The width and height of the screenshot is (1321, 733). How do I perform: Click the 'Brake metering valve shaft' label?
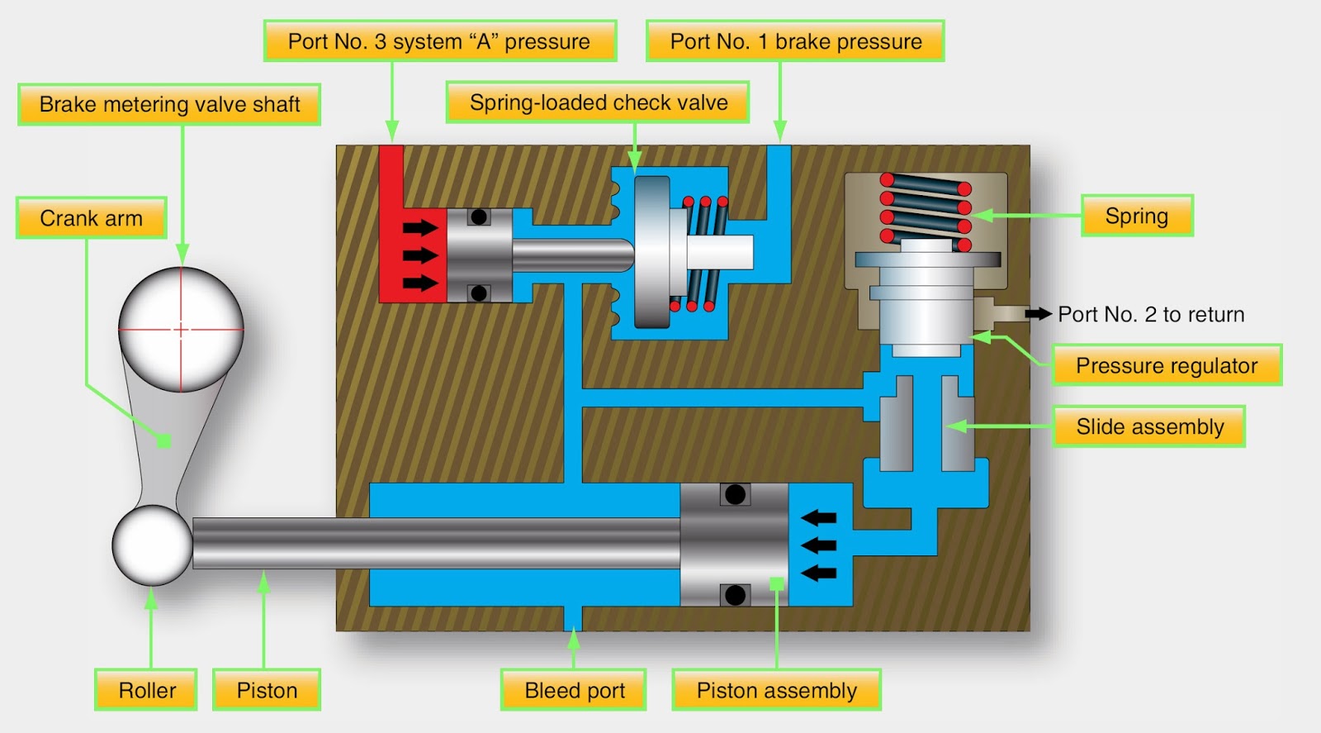169,104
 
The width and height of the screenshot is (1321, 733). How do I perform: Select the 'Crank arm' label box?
91,218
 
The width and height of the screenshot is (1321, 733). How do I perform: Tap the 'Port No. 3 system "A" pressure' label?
439,41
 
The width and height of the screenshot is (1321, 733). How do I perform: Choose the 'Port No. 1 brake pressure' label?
795,41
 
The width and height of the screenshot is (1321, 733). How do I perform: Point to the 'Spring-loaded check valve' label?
598,102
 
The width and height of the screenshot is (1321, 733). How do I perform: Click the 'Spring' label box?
1137,216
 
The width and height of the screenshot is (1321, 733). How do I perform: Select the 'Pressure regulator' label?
1167,365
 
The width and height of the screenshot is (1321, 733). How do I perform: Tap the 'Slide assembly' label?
1149,426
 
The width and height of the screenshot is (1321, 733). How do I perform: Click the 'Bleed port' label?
574,690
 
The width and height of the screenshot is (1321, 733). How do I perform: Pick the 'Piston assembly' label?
776,690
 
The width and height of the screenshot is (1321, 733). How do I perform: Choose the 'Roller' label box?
147,690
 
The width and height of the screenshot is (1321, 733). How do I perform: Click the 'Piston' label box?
267,690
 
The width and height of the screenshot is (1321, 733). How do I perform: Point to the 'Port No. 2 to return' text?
1151,314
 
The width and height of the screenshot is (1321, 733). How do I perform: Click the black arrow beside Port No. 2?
1038,314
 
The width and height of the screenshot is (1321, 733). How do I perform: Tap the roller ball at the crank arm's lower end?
153,545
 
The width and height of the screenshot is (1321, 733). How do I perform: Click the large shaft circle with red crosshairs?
181,329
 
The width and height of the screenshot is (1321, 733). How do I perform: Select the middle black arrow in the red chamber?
419,255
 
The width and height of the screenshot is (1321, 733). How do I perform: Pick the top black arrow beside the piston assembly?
819,518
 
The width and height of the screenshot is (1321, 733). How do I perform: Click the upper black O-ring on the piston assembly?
734,495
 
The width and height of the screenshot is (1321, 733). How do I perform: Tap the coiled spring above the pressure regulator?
925,207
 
